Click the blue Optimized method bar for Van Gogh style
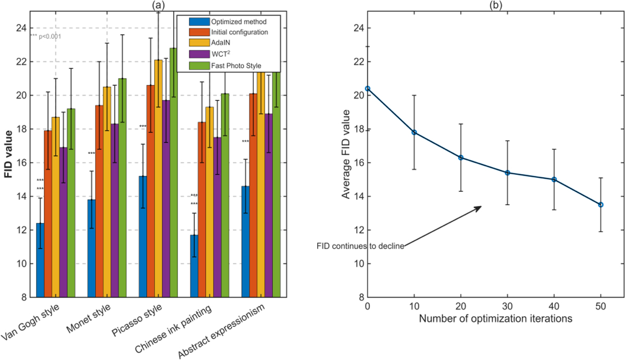click(x=40, y=260)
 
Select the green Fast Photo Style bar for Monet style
click(x=122, y=188)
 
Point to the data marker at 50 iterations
click(x=600, y=205)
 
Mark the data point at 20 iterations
click(x=461, y=157)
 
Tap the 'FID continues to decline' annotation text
click(x=360, y=246)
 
